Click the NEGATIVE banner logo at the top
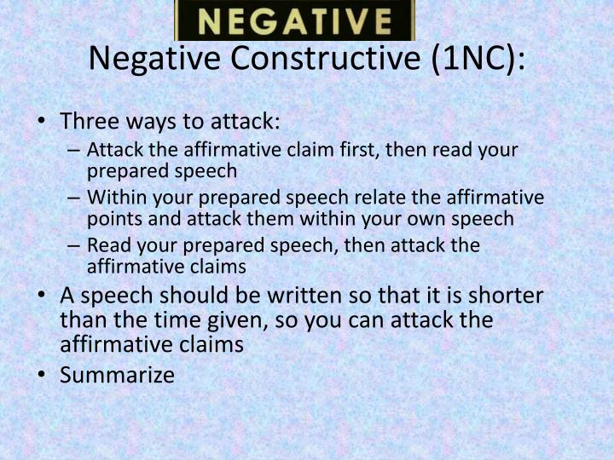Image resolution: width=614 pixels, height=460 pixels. tap(294, 20)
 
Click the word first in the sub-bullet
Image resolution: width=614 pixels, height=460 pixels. tap(356, 150)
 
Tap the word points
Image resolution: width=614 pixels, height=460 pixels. tap(110, 219)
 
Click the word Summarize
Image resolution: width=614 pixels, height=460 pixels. tap(117, 374)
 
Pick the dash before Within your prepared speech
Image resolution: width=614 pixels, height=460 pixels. tap(72, 198)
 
